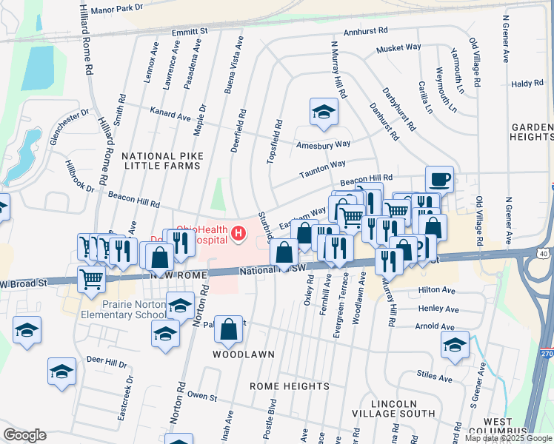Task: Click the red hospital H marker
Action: point(238,234)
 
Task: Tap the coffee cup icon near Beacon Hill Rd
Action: point(439,178)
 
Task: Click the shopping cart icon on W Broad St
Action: point(91,279)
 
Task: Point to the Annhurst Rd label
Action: point(365,33)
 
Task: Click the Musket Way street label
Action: point(398,48)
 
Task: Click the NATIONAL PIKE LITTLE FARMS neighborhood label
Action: point(161,161)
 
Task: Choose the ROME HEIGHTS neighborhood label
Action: point(289,386)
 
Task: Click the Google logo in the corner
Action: point(24,435)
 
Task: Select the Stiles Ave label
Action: point(435,378)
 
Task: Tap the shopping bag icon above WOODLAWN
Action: point(229,329)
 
